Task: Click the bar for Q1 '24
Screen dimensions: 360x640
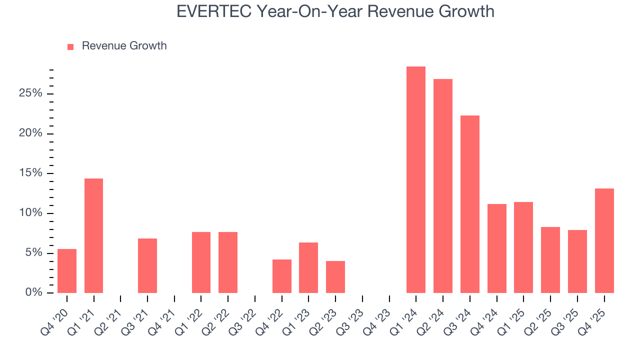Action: (x=415, y=179)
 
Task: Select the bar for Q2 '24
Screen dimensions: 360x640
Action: (x=442, y=186)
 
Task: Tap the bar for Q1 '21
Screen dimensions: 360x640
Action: (x=93, y=235)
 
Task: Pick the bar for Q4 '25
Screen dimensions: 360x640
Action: (x=604, y=240)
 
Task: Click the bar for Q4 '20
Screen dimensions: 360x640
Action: (x=67, y=270)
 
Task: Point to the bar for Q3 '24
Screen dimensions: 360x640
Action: (x=469, y=204)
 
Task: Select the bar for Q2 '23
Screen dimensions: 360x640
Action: (x=335, y=276)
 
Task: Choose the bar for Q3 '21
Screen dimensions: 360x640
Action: (x=147, y=265)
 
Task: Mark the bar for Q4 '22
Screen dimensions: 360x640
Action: (x=281, y=276)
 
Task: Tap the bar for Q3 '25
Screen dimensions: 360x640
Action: (x=577, y=261)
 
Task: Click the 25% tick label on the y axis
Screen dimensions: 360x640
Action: (x=30, y=94)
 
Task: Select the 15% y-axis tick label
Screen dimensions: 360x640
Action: (x=30, y=173)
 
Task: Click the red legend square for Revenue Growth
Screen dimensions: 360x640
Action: (x=70, y=46)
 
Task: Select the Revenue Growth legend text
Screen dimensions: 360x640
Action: (x=124, y=46)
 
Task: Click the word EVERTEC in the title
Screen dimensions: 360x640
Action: (x=214, y=11)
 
